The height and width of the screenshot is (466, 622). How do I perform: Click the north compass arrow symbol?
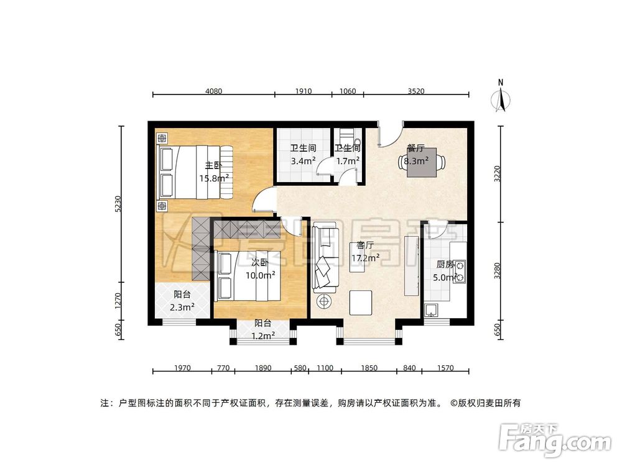pyautogui.click(x=503, y=97)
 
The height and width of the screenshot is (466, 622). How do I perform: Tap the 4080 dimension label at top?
pyautogui.click(x=213, y=91)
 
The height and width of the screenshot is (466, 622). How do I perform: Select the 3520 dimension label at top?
pyautogui.click(x=415, y=91)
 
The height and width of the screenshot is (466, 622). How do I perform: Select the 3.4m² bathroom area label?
pyautogui.click(x=304, y=155)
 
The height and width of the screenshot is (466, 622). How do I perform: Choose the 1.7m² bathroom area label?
pyautogui.click(x=348, y=155)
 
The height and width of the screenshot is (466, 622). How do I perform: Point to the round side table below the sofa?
pyautogui.click(x=325, y=302)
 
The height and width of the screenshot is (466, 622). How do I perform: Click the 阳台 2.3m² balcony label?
pyautogui.click(x=183, y=301)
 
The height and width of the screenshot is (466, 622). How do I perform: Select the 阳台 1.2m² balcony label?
pyautogui.click(x=263, y=330)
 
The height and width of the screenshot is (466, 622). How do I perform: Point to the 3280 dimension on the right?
pyautogui.click(x=497, y=272)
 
